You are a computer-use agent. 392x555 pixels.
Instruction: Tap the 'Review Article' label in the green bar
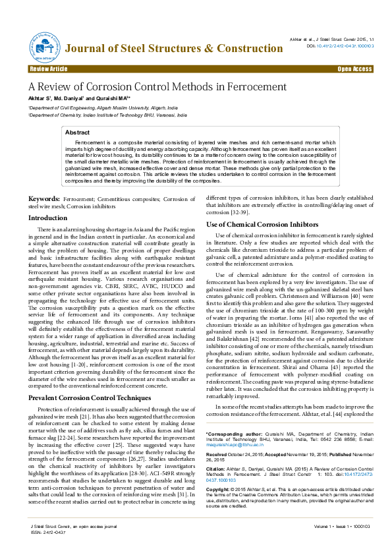tap(49, 69)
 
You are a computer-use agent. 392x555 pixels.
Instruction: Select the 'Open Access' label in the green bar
tap(354, 69)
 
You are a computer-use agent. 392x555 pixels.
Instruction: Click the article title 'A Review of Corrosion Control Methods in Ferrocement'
tap(157, 87)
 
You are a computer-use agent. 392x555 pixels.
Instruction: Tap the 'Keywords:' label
tap(44, 198)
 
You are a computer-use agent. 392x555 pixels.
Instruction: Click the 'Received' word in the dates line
tap(218, 454)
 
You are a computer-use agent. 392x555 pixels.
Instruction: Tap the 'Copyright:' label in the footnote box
tap(219, 490)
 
